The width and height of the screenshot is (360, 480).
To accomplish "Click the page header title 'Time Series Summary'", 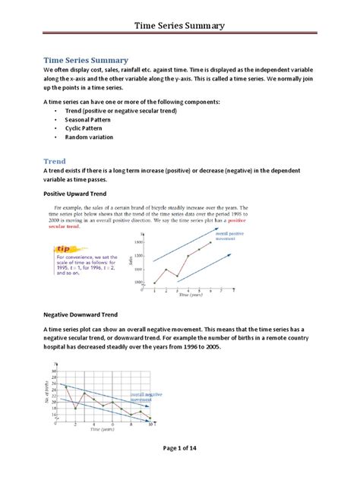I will (179, 26).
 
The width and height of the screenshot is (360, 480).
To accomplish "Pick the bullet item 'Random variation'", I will (94, 137).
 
